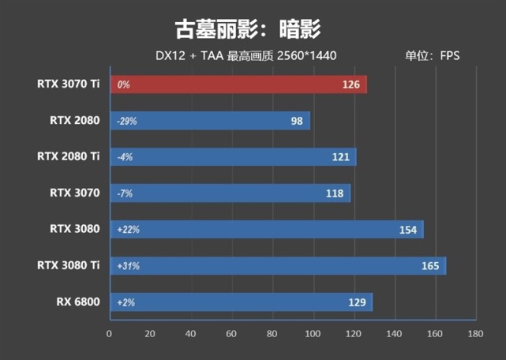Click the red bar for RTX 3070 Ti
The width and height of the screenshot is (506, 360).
237,84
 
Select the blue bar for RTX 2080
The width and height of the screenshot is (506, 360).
209,121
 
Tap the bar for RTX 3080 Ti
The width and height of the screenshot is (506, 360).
276,266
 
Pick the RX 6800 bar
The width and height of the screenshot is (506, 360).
241,302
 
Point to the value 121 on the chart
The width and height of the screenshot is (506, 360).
341,157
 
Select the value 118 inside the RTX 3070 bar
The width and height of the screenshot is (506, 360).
335,193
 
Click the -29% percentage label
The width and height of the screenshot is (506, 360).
126,122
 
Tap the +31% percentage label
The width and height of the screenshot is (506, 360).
128,266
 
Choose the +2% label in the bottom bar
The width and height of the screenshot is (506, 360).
126,302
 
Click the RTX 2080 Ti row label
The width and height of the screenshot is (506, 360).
68,156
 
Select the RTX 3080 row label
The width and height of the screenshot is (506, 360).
74,229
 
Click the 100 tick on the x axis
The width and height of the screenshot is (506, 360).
313,334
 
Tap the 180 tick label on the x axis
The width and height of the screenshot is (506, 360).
475,334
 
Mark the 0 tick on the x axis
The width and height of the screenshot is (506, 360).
110,334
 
